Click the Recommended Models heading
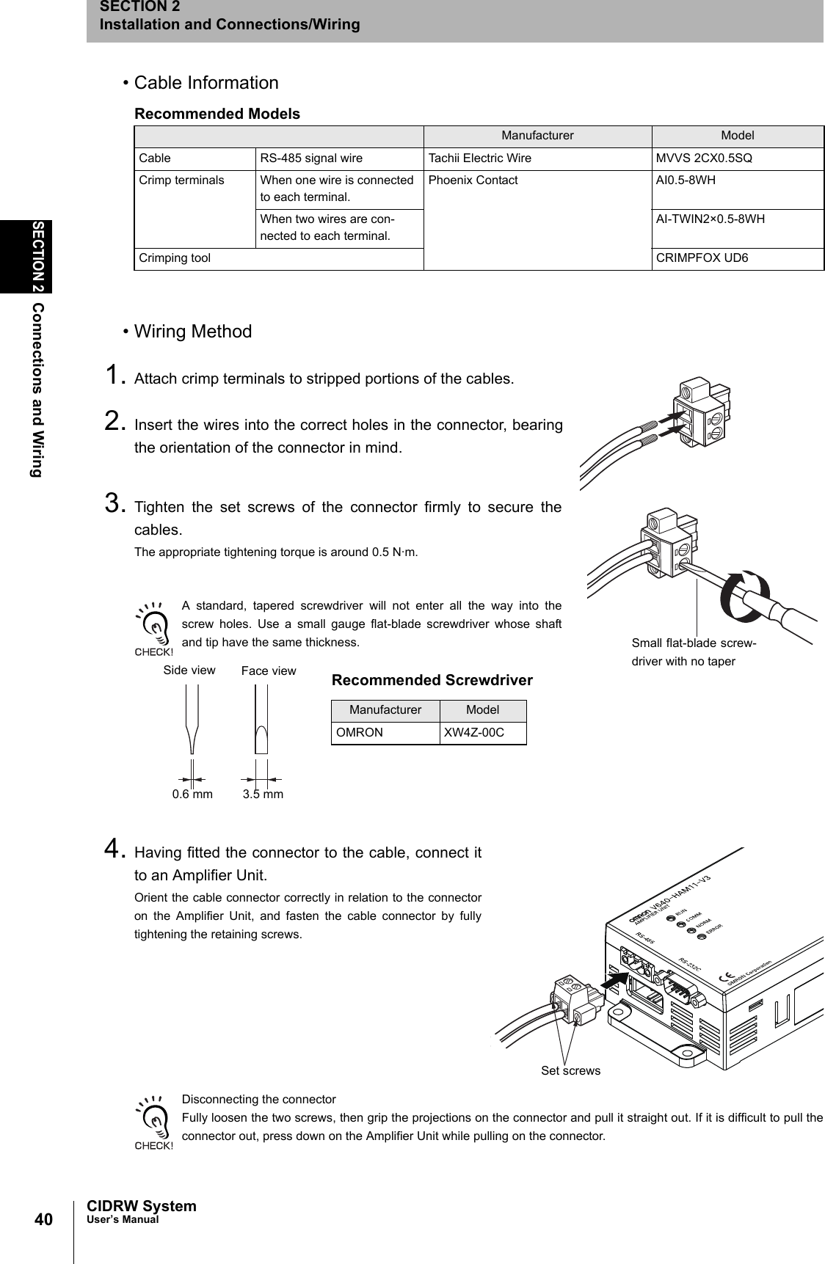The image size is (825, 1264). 217,114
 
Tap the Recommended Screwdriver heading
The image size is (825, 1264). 432,680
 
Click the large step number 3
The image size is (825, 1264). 113,504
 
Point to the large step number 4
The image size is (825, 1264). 113,850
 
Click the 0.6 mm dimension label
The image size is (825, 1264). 192,794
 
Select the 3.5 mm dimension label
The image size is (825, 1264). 263,794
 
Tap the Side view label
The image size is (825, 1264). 189,670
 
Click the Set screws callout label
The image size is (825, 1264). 570,1070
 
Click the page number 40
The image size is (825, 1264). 43,1219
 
